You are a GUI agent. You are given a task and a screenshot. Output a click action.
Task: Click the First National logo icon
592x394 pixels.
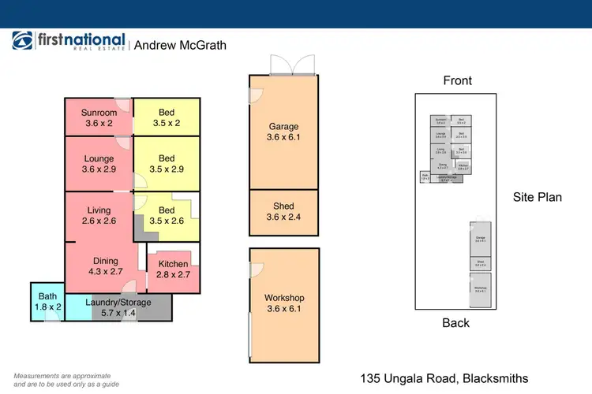(x=22, y=42)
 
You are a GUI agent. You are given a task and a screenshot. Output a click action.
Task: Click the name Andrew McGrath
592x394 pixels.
(x=180, y=46)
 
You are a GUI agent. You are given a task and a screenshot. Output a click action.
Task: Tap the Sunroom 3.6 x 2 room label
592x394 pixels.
(x=99, y=117)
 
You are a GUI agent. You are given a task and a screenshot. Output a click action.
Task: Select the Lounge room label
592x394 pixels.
(x=99, y=164)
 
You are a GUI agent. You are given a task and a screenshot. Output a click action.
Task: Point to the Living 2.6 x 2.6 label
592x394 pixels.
(x=99, y=215)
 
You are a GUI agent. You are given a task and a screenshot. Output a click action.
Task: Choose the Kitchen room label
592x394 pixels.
(x=173, y=269)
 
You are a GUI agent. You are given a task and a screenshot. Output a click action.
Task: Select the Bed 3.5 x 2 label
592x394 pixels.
(x=167, y=117)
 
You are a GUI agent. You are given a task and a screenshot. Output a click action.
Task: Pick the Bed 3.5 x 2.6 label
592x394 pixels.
(x=167, y=215)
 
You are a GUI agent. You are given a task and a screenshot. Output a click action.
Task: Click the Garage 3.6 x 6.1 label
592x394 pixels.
(x=283, y=131)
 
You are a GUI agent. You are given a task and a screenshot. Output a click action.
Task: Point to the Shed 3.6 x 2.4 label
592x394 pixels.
(x=283, y=212)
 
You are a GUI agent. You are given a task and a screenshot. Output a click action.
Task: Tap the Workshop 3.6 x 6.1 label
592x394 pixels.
(x=284, y=303)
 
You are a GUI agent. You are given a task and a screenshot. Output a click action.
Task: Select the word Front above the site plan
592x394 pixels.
(x=457, y=80)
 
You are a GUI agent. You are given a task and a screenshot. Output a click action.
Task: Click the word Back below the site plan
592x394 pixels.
(x=455, y=323)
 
